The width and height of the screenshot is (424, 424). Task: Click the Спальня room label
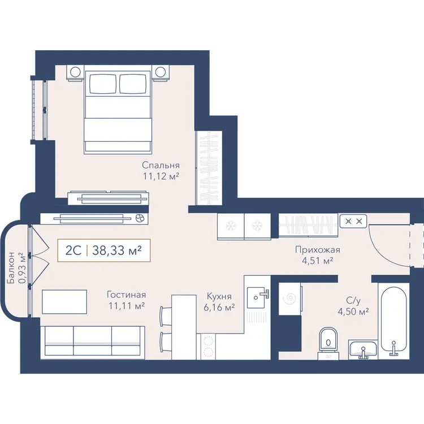(x=161, y=165)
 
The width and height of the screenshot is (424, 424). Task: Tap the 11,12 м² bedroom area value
(x=161, y=176)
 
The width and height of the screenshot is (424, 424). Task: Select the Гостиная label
(x=126, y=295)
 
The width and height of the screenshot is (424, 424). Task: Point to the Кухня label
(x=219, y=296)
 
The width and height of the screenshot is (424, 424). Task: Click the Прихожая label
(x=318, y=249)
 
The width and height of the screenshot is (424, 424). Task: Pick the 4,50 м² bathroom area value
(x=353, y=311)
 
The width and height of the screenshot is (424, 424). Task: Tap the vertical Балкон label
(x=11, y=268)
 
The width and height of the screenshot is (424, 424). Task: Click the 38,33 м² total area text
(x=117, y=250)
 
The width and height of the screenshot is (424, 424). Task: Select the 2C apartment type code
(x=73, y=250)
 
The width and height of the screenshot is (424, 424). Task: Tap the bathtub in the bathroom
(x=393, y=321)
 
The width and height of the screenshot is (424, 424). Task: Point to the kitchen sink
(x=256, y=297)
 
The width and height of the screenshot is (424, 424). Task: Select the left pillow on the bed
(x=103, y=84)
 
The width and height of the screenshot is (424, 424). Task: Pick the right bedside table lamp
(x=161, y=72)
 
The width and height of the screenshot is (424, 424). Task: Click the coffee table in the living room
(x=64, y=301)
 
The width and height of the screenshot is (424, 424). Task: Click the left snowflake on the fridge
(x=231, y=226)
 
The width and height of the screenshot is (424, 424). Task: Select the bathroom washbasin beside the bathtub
(x=363, y=349)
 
